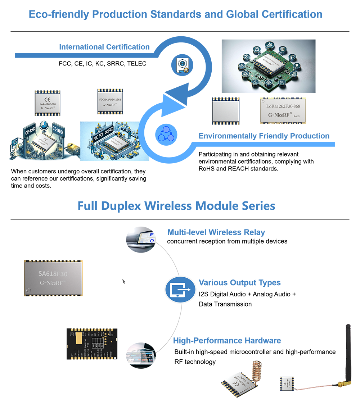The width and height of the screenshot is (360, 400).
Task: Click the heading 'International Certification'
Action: point(104,47)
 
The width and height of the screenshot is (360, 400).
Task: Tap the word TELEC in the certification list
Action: point(137,64)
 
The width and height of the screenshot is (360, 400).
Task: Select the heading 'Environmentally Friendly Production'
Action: point(264,136)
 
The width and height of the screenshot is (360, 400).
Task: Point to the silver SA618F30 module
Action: point(53,278)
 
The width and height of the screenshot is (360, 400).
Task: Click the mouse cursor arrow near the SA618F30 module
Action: point(123,281)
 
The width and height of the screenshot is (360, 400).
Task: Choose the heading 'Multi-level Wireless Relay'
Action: point(216,232)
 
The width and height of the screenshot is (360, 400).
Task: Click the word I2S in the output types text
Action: point(203,294)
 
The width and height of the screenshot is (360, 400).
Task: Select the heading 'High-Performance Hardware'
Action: point(227,341)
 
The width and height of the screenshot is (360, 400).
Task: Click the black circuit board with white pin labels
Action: point(92,344)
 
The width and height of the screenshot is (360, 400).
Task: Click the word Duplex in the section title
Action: point(122,206)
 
